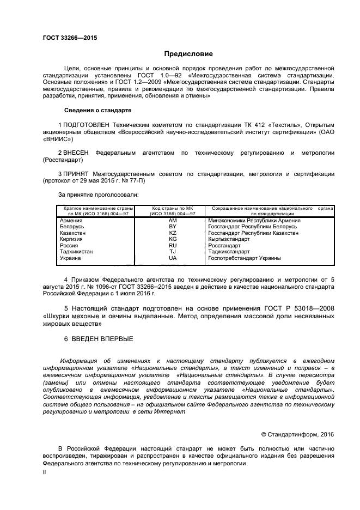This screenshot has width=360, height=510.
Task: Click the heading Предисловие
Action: pyautogui.click(x=189, y=54)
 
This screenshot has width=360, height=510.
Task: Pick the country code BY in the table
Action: pyautogui.click(x=173, y=226)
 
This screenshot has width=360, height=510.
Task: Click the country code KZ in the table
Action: pyautogui.click(x=173, y=233)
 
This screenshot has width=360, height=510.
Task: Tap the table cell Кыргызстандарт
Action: pyautogui.click(x=228, y=239)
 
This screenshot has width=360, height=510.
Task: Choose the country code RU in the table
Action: pyautogui.click(x=173, y=246)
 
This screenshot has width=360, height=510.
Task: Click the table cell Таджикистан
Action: pyautogui.click(x=76, y=252)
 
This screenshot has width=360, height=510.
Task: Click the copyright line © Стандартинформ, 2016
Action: pyautogui.click(x=297, y=434)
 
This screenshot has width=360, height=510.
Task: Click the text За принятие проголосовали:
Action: pyautogui.click(x=98, y=194)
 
